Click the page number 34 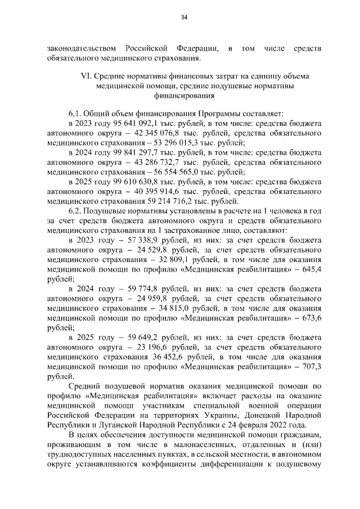pyautogui.click(x=183, y=17)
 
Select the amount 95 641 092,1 pyautogui.click(x=133, y=124)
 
